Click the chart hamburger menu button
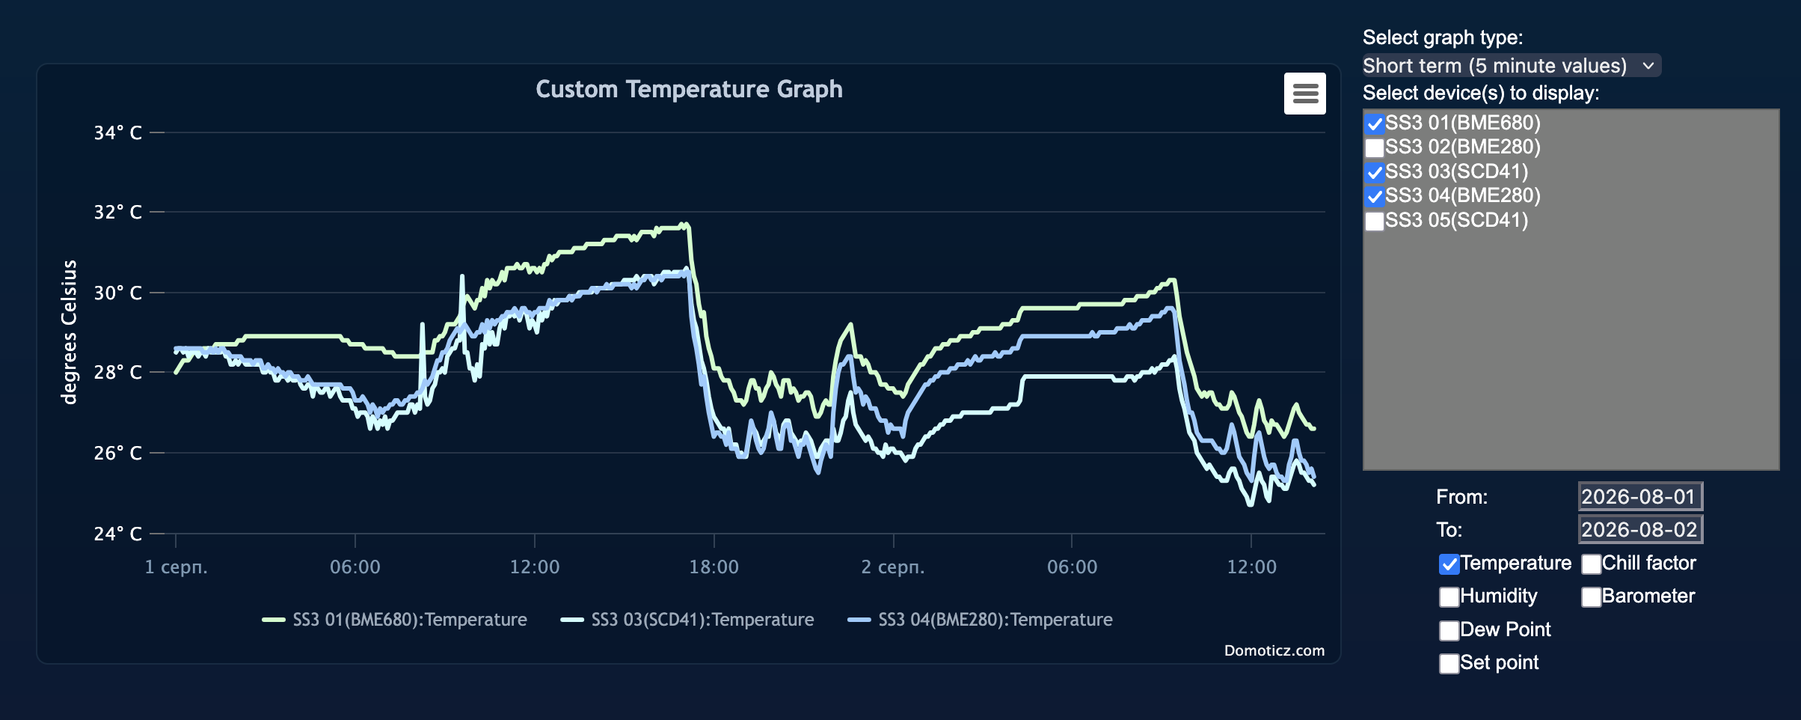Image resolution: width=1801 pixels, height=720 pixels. [x=1304, y=94]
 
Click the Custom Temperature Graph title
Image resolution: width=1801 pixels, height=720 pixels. [x=689, y=89]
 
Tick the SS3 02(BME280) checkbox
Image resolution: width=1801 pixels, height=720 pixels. [x=1374, y=147]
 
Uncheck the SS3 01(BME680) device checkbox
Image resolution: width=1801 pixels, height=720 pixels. [x=1374, y=123]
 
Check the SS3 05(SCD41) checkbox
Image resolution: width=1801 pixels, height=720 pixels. [x=1374, y=221]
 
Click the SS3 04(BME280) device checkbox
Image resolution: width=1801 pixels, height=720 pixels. [x=1374, y=196]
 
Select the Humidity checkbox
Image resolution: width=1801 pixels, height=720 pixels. [x=1449, y=597]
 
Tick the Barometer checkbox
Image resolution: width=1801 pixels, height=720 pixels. [x=1591, y=597]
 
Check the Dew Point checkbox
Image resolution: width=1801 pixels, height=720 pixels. [x=1449, y=630]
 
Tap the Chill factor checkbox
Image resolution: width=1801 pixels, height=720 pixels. [x=1591, y=564]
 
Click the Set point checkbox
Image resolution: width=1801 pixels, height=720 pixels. [x=1449, y=663]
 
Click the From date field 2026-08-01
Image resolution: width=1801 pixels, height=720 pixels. [x=1640, y=496]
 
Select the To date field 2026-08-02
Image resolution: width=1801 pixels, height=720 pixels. [x=1640, y=529]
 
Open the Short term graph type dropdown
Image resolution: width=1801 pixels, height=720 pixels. [x=1511, y=66]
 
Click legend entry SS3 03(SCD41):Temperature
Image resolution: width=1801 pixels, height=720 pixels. [x=687, y=620]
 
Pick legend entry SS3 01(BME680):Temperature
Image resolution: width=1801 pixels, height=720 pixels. [x=394, y=620]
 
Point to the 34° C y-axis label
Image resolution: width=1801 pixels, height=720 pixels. [x=117, y=132]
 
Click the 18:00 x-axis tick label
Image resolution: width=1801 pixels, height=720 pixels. [x=714, y=567]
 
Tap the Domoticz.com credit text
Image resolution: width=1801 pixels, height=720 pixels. [x=1274, y=650]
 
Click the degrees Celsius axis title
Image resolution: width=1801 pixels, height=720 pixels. [x=69, y=332]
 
